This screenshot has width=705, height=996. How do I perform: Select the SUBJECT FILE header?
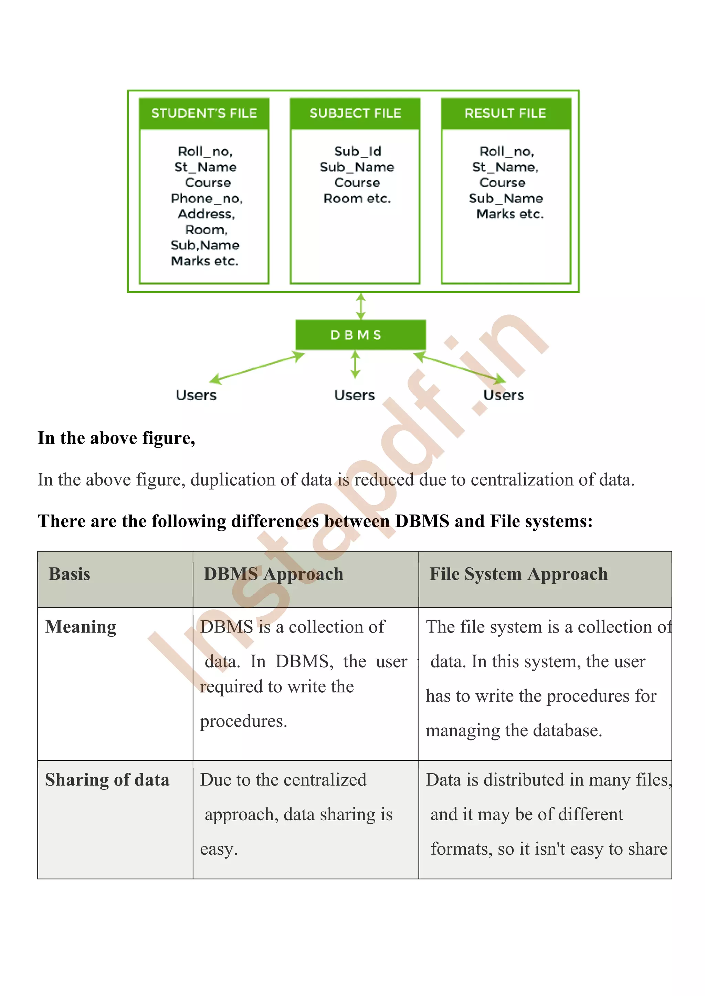(355, 113)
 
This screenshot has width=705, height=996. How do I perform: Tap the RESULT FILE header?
(505, 113)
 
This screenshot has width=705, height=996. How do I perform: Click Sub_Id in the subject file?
(358, 151)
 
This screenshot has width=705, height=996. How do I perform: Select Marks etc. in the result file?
(510, 214)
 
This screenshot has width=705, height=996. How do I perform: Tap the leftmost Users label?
(196, 395)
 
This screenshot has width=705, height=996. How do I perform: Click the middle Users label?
(354, 395)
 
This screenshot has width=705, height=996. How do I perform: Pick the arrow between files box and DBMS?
(361, 306)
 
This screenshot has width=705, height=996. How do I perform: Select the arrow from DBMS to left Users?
(257, 369)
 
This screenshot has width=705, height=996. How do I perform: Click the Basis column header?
(70, 574)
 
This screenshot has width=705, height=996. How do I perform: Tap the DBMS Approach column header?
(273, 574)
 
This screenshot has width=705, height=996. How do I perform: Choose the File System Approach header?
(518, 574)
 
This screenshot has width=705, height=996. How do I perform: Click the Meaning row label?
(81, 627)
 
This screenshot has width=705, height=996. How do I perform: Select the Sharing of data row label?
(107, 780)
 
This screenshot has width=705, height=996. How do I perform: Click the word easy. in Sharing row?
(219, 849)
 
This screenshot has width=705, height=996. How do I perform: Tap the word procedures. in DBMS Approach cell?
(243, 722)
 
